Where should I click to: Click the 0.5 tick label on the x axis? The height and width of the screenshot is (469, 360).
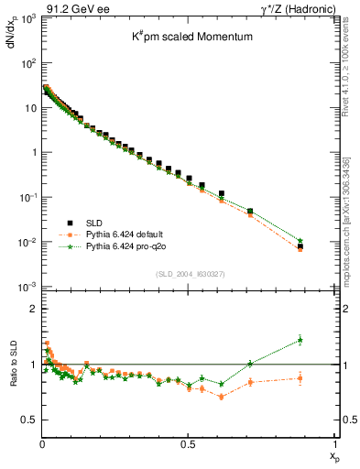click(188, 442)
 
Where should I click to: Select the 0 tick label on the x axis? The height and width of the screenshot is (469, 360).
click(42, 442)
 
